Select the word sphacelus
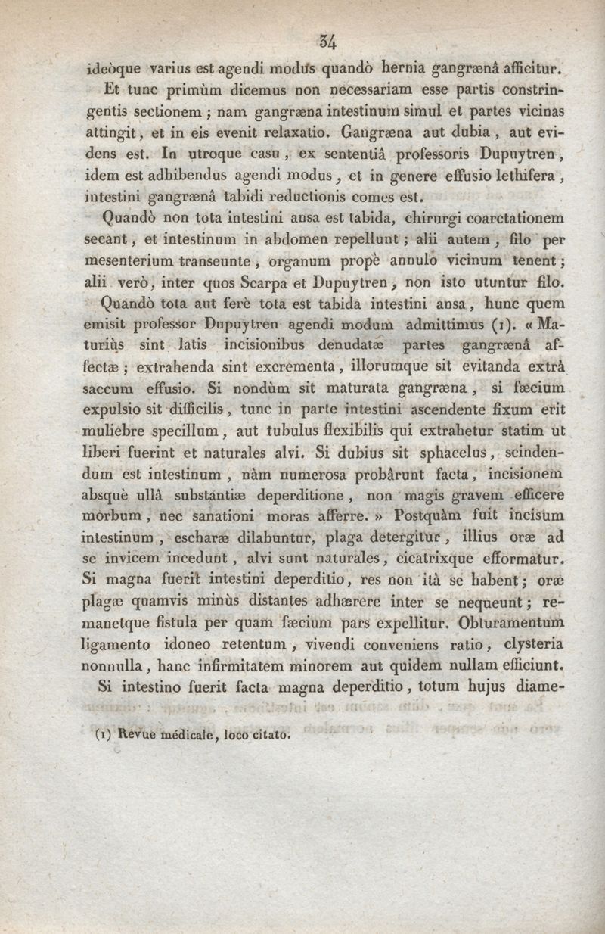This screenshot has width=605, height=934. [427, 455]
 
